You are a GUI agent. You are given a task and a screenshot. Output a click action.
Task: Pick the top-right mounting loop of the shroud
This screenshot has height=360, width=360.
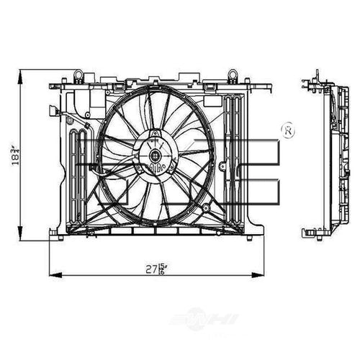[233, 74]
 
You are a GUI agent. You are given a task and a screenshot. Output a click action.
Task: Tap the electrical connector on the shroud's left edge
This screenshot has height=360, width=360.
[54, 111]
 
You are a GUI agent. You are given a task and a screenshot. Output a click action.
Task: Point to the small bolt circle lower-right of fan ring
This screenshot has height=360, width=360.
[207, 207]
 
